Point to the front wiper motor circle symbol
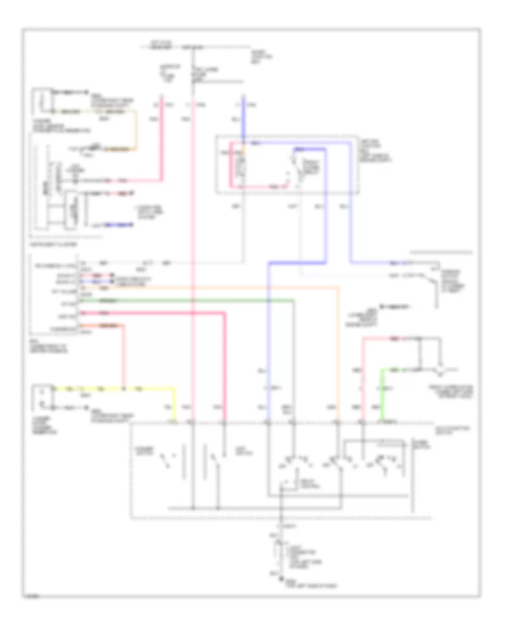coord(439,370)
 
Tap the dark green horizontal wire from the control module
coord(188,300)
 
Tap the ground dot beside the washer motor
coord(86,408)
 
